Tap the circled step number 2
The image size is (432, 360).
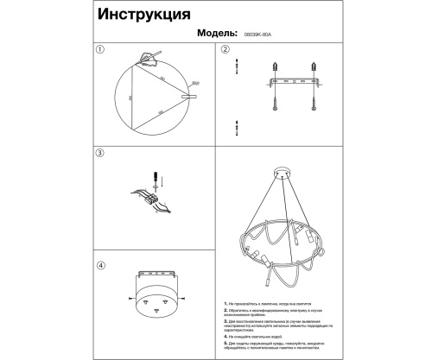[x=225, y=49]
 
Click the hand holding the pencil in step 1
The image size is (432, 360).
[x=151, y=58]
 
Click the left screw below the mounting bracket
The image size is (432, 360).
[x=276, y=102]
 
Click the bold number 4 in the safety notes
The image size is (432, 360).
[x=225, y=335]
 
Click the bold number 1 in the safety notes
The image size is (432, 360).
[x=225, y=305]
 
